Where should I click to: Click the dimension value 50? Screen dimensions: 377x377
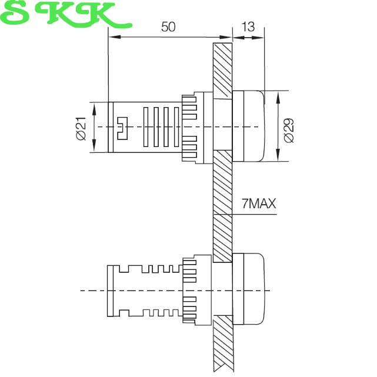click(x=168, y=26)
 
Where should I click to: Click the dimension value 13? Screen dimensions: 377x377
click(x=248, y=26)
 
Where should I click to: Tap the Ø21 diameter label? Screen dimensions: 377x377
click(x=81, y=128)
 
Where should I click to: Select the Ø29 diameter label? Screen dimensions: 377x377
click(x=289, y=131)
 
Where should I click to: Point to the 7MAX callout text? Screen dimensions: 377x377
click(x=259, y=203)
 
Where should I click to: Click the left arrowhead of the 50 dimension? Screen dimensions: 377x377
click(x=115, y=37)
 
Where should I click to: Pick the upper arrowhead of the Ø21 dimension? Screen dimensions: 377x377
click(x=94, y=109)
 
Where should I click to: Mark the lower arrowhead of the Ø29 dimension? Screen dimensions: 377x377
click(x=278, y=155)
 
